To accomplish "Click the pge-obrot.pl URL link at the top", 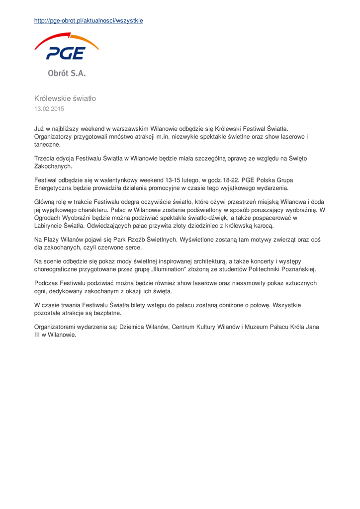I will [x=89, y=21].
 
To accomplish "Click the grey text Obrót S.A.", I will [x=67, y=73].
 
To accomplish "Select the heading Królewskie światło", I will [x=65, y=98].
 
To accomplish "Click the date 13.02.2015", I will [x=49, y=108].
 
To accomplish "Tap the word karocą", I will [x=261, y=225].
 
